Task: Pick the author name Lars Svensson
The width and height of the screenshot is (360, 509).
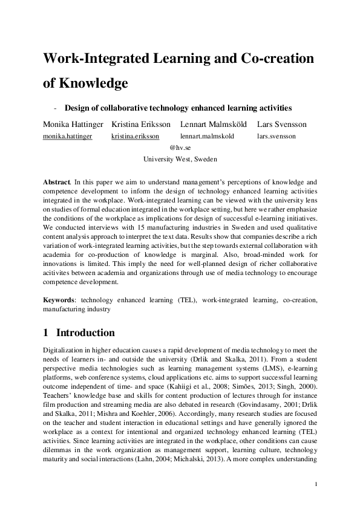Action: click(x=282, y=125)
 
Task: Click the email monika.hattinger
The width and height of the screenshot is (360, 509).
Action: click(x=67, y=137)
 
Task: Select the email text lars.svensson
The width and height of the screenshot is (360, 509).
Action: click(x=277, y=137)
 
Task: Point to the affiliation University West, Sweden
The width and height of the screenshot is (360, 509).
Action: click(x=180, y=160)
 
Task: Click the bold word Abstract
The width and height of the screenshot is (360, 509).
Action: click(x=56, y=181)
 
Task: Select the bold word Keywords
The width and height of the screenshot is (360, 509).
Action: click(x=59, y=299)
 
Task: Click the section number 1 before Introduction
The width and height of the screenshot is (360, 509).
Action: click(x=46, y=333)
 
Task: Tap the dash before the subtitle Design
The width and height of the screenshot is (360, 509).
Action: click(x=56, y=108)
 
